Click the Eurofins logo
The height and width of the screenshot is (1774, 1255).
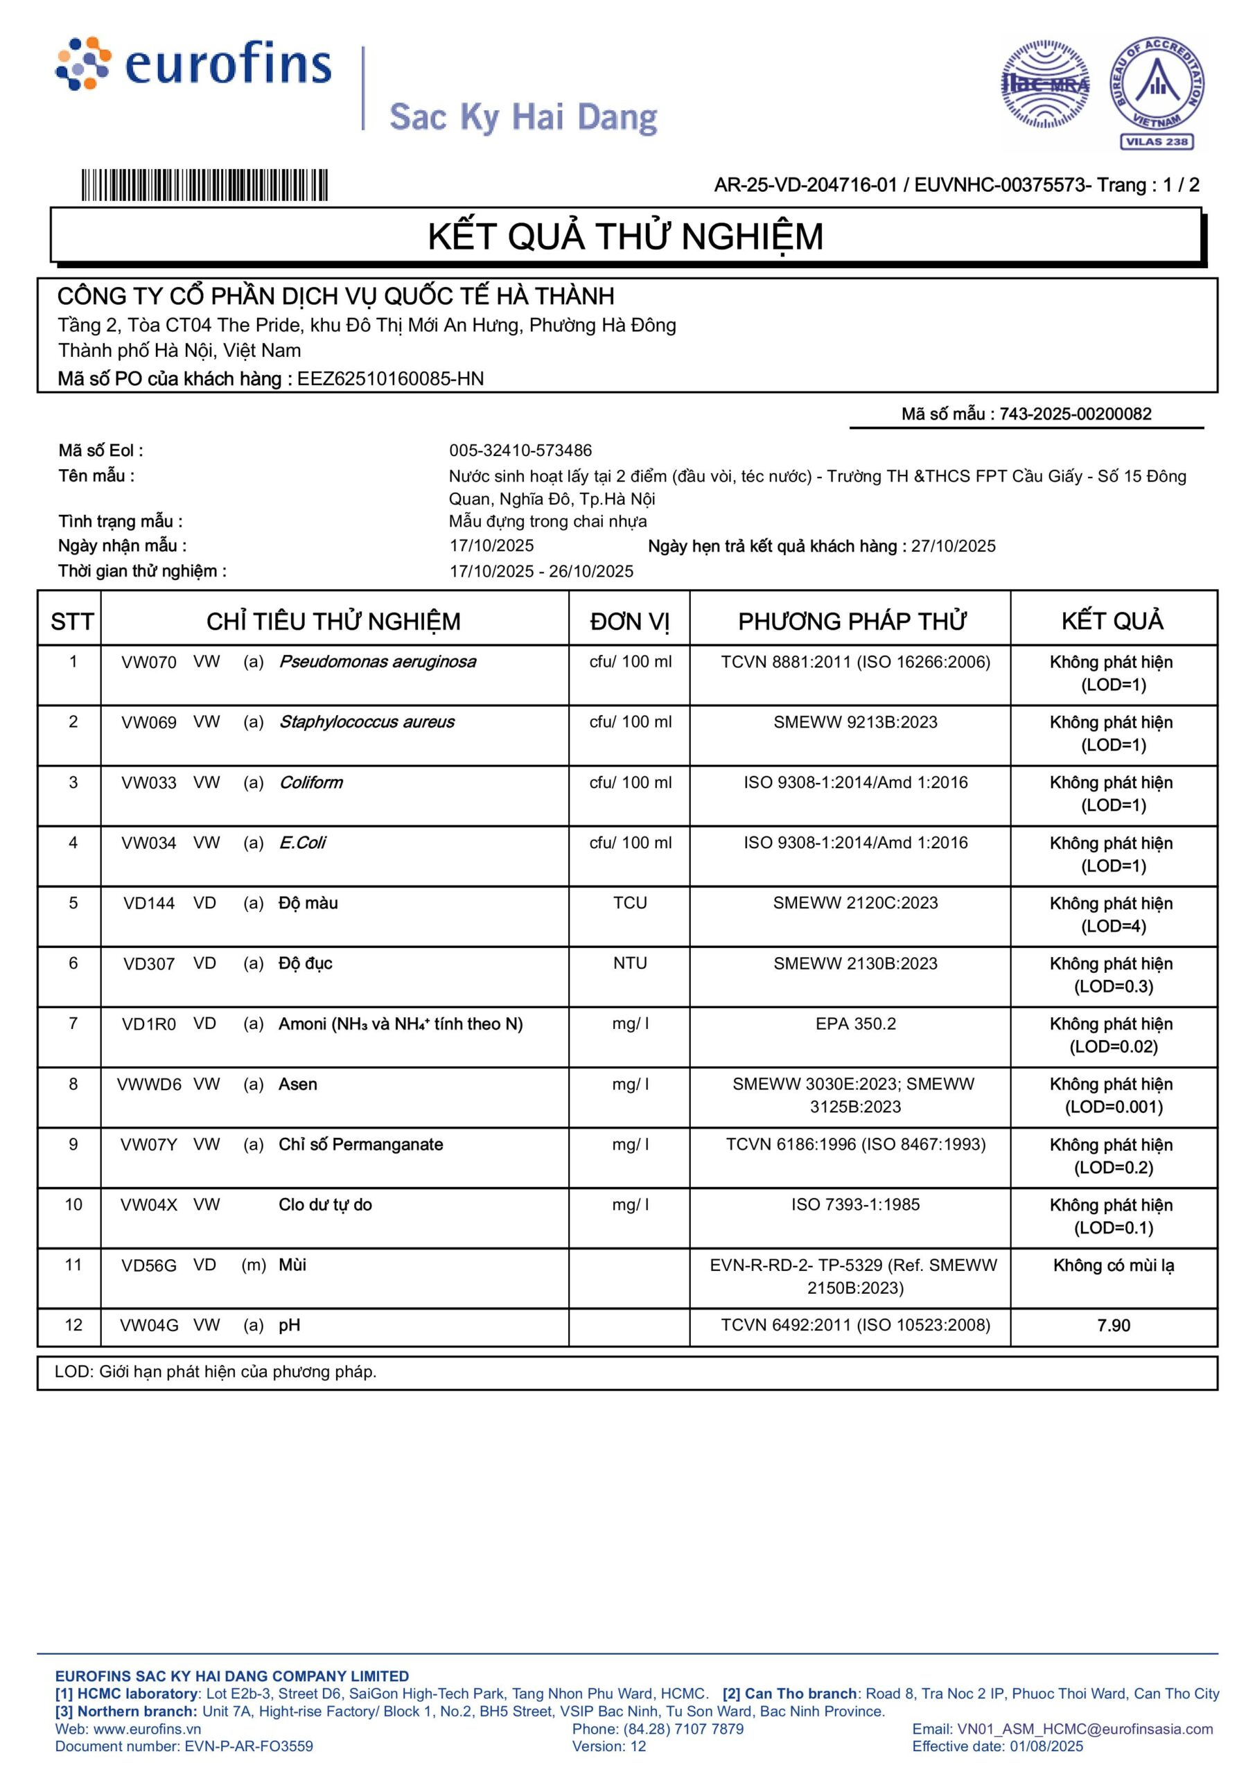[193, 64]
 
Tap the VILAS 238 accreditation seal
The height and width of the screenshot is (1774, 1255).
[1156, 92]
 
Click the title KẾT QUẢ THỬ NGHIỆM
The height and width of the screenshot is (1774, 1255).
[625, 236]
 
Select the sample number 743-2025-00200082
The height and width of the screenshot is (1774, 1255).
[1075, 414]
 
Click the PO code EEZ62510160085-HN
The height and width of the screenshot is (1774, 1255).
[390, 378]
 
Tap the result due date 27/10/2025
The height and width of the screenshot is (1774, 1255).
[953, 546]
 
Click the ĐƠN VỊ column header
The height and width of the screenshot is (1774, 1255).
[629, 621]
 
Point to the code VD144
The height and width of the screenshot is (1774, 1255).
[148, 903]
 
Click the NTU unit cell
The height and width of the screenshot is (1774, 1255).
[630, 963]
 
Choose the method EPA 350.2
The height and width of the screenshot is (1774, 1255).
[855, 1024]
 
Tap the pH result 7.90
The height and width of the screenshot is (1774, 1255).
[1113, 1326]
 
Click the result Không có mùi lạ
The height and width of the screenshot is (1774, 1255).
[1113, 1265]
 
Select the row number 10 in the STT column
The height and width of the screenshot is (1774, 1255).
[73, 1204]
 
